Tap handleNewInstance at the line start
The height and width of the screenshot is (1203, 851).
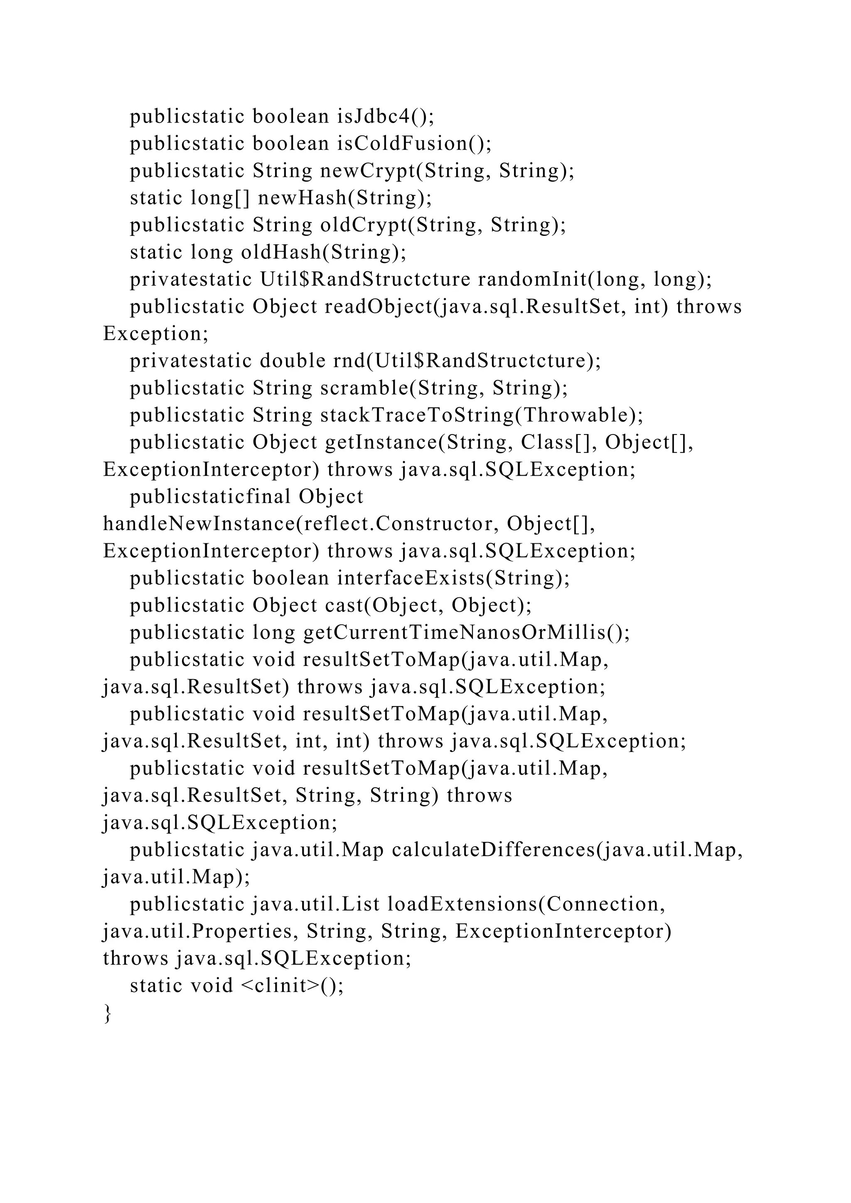(199, 524)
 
